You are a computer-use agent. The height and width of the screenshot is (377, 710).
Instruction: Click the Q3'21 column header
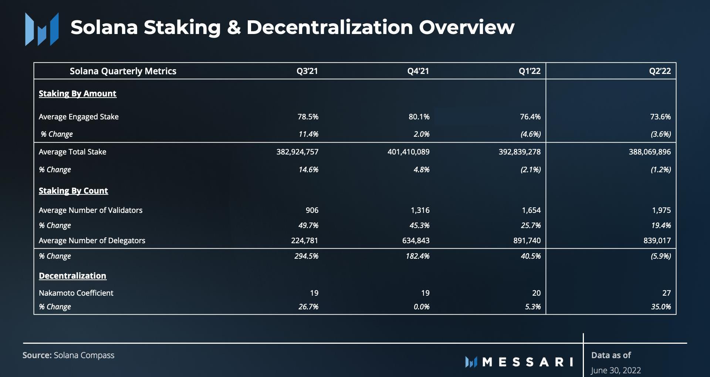tap(307, 71)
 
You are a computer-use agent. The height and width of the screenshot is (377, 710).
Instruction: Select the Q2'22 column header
tap(660, 71)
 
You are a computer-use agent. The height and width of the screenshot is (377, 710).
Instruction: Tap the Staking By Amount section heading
tap(77, 94)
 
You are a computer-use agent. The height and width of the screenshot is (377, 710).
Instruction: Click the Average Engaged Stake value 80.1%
tap(419, 117)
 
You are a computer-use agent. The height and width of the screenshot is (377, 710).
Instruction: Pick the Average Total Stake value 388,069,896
tap(649, 152)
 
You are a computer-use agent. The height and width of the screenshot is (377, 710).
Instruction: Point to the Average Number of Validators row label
tap(91, 210)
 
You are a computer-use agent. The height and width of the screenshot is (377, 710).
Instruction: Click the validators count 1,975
tap(661, 210)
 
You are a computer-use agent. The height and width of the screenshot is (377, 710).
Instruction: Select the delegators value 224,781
tap(304, 241)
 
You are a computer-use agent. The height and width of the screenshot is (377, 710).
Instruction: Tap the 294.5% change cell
tap(306, 256)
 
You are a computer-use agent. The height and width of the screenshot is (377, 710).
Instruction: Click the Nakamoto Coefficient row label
tap(76, 293)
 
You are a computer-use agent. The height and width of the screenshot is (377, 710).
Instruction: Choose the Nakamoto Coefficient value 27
tap(666, 293)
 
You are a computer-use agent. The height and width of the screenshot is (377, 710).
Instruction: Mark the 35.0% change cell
tap(661, 307)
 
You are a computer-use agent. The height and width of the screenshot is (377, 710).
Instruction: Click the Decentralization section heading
tap(72, 276)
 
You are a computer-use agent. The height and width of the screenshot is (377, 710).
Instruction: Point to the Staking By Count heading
tap(73, 191)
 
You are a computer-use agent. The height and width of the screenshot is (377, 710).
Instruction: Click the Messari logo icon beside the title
tap(42, 30)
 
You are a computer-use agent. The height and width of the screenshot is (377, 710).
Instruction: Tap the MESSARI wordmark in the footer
tap(527, 362)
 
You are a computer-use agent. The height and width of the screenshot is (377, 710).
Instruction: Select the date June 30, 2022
tap(616, 370)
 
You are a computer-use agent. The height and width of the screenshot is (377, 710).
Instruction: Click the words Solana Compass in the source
tap(84, 355)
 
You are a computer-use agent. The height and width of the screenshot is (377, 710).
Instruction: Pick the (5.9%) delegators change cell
tap(660, 256)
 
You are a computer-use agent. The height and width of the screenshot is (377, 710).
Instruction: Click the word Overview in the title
tap(466, 27)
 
